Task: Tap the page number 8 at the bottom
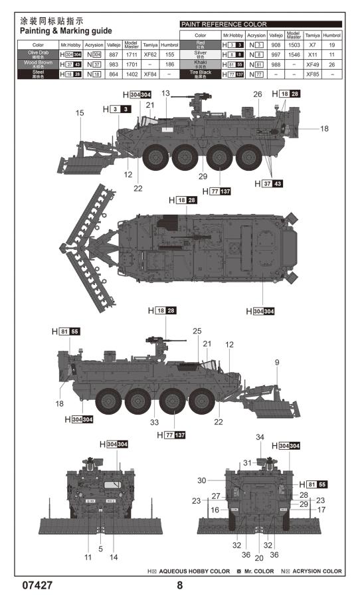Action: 179,587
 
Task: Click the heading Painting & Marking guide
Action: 65,31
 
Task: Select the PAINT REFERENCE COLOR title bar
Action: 260,24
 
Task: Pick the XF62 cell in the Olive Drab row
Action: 150,55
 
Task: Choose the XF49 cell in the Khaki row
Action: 312,64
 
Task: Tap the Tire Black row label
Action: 200,74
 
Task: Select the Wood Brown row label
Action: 39,64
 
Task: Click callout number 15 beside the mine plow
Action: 80,114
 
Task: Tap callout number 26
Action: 257,94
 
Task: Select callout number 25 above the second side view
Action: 197,331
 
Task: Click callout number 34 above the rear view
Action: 260,437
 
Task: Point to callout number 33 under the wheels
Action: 154,422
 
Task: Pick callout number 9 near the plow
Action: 276,362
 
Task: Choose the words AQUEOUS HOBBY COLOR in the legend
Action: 193,571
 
